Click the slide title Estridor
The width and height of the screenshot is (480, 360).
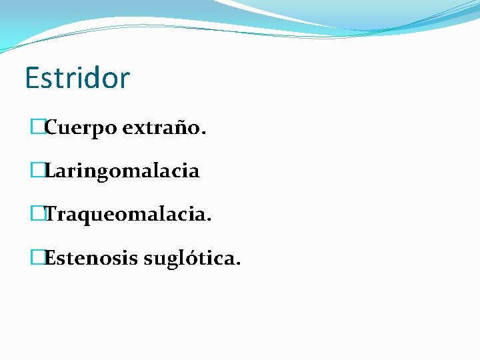(77, 78)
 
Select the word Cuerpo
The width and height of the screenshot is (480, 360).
(81, 128)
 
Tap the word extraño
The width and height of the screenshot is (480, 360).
(160, 127)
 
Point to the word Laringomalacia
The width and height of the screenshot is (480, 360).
(121, 171)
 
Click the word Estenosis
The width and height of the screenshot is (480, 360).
(91, 258)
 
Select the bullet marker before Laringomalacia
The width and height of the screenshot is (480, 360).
(37, 171)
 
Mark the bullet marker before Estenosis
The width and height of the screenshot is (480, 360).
(37, 257)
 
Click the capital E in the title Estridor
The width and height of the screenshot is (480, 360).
(32, 78)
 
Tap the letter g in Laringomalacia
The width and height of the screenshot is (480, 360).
(100, 173)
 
